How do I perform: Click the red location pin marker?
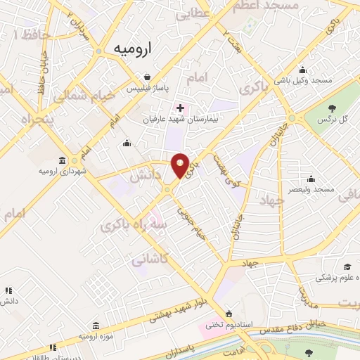click(x=181, y=165)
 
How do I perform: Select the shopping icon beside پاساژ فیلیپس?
click(x=146, y=77)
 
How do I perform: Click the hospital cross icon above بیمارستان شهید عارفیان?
click(x=181, y=108)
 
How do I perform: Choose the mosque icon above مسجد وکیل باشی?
click(x=302, y=70)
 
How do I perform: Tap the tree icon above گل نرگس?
click(x=332, y=108)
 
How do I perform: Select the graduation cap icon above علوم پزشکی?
click(x=347, y=267)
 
